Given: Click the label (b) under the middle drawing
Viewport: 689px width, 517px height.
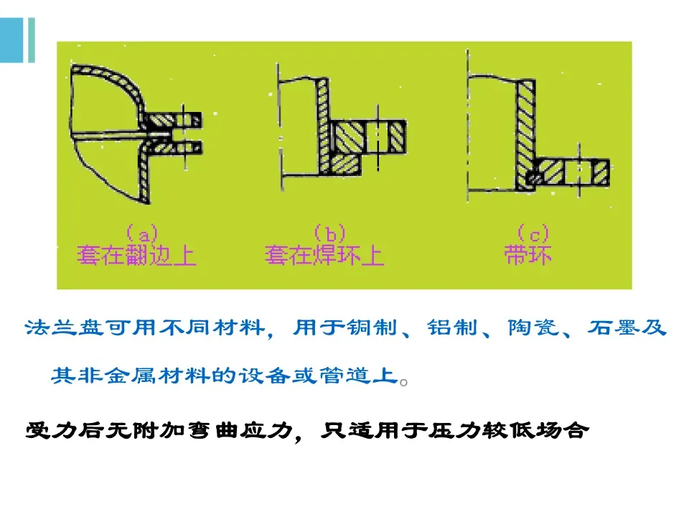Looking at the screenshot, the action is pos(330,233).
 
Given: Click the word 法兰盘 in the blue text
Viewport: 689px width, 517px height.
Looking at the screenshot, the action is pos(60,329).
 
